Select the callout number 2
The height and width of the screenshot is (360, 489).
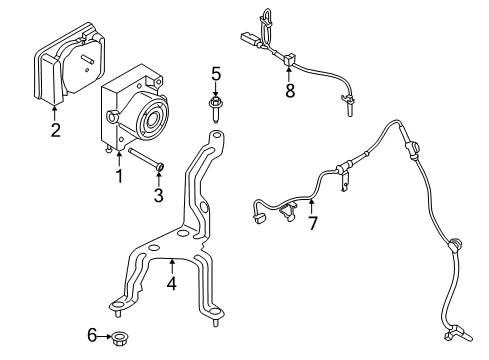(56, 129)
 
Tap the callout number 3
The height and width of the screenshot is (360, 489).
(158, 194)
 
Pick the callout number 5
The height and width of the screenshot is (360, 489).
(215, 73)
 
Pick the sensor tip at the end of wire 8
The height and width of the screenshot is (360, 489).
(349, 102)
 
